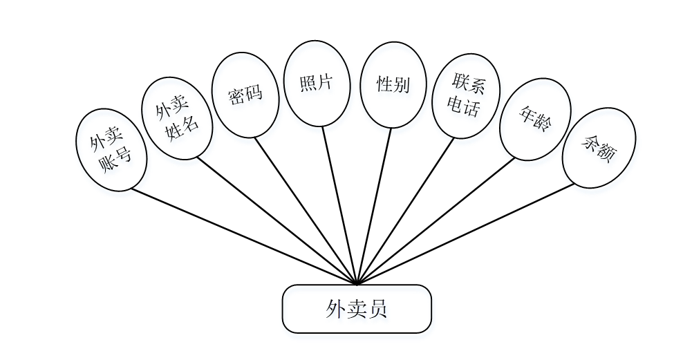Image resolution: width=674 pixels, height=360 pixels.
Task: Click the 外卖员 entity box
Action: pyautogui.click(x=357, y=309)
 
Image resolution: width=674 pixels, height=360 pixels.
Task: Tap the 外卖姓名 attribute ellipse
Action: pyautogui.click(x=176, y=118)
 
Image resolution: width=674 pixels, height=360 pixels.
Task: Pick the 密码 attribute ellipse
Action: pyautogui.click(x=245, y=95)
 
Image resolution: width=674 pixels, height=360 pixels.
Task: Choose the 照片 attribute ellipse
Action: pyautogui.click(x=317, y=84)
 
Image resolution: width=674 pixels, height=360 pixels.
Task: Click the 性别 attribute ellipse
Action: pyautogui.click(x=393, y=85)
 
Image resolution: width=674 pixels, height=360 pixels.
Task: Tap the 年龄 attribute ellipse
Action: pyautogui.click(x=535, y=119)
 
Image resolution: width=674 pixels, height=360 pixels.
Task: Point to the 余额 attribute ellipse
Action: pyautogui.click(x=599, y=148)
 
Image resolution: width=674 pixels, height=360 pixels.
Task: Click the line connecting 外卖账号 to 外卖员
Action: pyautogui.click(x=242, y=236)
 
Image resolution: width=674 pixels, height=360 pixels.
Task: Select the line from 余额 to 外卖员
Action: pyautogui.click(x=470, y=232)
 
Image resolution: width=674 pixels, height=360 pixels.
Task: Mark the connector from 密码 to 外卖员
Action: pyautogui.click(x=304, y=209)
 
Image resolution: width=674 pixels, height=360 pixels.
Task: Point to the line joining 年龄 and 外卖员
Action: pyautogui.click(x=436, y=221)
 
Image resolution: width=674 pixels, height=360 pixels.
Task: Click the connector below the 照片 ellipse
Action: pyautogui.click(x=339, y=204)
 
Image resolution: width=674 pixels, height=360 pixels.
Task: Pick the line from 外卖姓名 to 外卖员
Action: pyautogui.click(x=277, y=220)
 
